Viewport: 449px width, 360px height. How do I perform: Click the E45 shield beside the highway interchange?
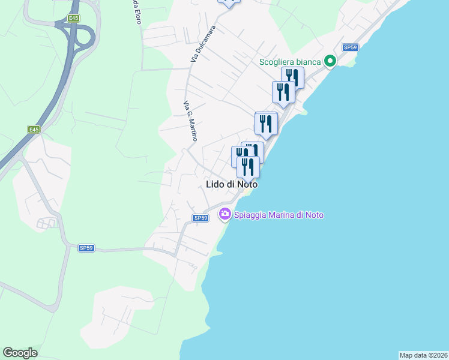click(74, 19)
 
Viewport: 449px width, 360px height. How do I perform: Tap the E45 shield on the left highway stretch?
click(34, 129)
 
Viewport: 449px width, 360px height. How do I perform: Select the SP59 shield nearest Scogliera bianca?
click(351, 47)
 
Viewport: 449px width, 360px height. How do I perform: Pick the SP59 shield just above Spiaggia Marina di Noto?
click(200, 218)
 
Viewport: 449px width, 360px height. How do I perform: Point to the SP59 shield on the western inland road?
click(86, 247)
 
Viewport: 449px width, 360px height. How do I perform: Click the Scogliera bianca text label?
click(290, 61)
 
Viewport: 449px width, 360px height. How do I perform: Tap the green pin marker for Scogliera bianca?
click(330, 61)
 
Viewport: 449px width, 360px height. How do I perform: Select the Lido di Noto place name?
click(232, 185)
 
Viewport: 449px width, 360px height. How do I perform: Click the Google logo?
click(20, 353)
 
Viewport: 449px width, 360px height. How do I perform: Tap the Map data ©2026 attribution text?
click(423, 355)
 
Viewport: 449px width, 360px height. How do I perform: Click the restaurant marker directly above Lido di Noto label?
click(248, 167)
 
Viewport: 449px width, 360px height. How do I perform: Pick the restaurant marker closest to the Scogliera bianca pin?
click(292, 77)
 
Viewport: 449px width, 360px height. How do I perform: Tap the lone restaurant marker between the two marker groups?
click(266, 124)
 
